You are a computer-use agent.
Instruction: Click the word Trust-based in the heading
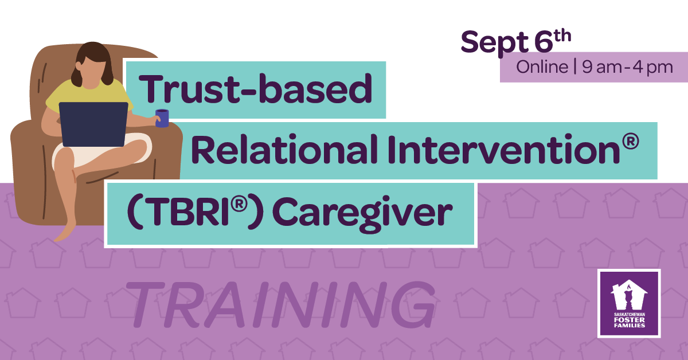tap(256, 89)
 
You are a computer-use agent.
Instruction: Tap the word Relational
tap(285, 149)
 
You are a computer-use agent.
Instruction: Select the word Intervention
tap(504, 149)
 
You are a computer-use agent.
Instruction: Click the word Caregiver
tap(362, 213)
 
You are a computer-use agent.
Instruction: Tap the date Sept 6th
tap(516, 43)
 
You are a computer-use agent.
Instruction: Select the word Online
tap(542, 67)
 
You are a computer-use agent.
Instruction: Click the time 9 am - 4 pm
tap(627, 68)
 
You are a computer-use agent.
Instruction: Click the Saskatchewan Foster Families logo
tap(629, 303)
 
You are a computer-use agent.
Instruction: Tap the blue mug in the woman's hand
tap(162, 118)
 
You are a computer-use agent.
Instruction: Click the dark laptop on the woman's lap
tap(93, 124)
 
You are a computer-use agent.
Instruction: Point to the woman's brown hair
tap(93, 61)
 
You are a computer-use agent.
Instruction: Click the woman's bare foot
tap(65, 232)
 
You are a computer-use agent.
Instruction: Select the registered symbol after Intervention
tap(631, 142)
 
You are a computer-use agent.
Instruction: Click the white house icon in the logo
tap(629, 295)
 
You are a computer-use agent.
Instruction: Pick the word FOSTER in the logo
tap(629, 320)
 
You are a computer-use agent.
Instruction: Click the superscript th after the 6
tap(562, 36)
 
